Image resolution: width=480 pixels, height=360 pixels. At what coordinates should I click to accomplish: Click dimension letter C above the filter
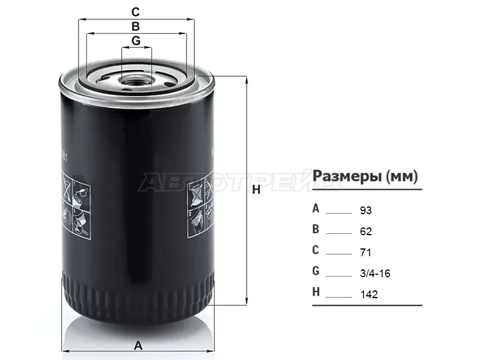pyautogui.click(x=136, y=11)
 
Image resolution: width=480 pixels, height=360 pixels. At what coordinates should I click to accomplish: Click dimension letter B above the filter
pyautogui.click(x=136, y=26)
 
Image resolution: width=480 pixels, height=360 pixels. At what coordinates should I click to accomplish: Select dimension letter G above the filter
pyautogui.click(x=136, y=41)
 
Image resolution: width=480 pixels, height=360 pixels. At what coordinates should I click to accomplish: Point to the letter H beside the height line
pyautogui.click(x=256, y=190)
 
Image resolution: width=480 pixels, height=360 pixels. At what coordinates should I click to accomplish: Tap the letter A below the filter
pyautogui.click(x=138, y=345)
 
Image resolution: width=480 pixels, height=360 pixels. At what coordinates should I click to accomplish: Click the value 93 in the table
pyautogui.click(x=365, y=211)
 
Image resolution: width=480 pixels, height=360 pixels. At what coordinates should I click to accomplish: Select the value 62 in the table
pyautogui.click(x=365, y=232)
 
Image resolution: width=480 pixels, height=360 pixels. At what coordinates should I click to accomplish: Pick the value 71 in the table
pyautogui.click(x=365, y=253)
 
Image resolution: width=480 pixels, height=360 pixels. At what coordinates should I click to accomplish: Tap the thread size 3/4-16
pyautogui.click(x=375, y=274)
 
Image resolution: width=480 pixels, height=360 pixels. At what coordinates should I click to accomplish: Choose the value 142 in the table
pyautogui.click(x=368, y=295)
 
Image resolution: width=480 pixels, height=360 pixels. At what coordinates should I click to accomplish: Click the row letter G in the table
pyautogui.click(x=316, y=272)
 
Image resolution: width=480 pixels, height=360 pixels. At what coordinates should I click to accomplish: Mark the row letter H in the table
pyautogui.click(x=316, y=293)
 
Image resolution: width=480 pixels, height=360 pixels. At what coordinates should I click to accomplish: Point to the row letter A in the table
pyautogui.click(x=316, y=209)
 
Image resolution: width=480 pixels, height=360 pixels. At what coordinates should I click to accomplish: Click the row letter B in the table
pyautogui.click(x=316, y=230)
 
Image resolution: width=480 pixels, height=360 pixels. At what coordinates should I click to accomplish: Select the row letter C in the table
pyautogui.click(x=316, y=251)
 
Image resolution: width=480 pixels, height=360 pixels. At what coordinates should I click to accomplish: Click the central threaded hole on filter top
pyautogui.click(x=136, y=78)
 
